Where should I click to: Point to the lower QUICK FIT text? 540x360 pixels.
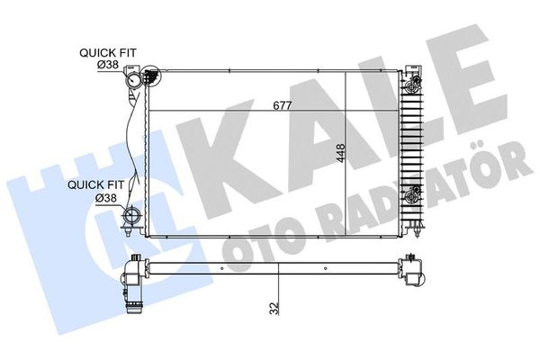tap(88, 185)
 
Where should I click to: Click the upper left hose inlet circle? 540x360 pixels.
tap(136, 80)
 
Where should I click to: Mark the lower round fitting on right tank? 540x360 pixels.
tap(414, 194)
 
